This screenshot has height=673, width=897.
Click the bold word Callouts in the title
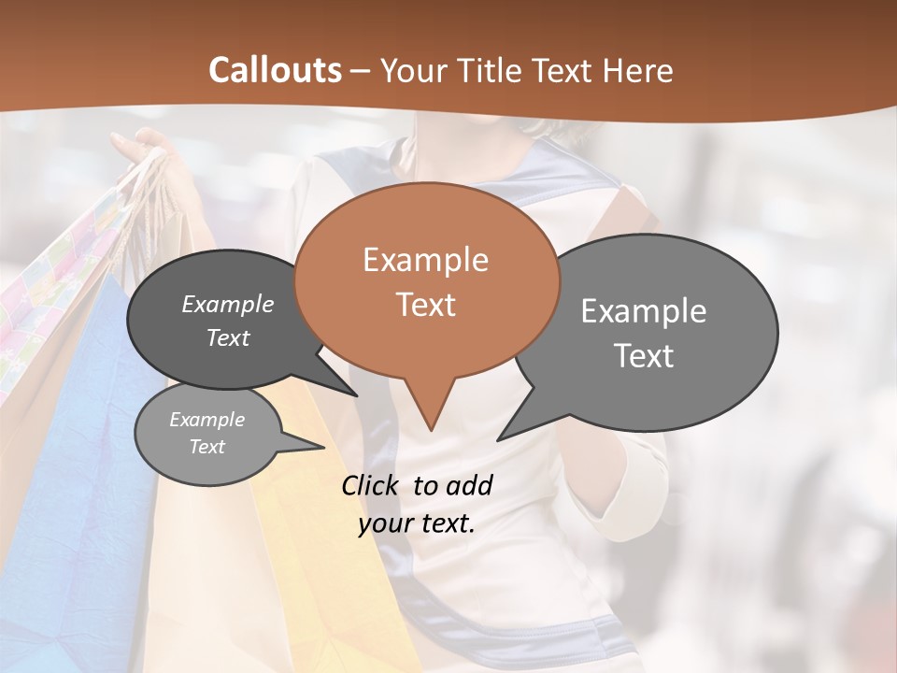tap(276, 70)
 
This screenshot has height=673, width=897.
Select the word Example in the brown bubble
tap(425, 260)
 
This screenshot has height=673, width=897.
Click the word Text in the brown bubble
tap(425, 305)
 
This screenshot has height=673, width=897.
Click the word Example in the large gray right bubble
tap(643, 311)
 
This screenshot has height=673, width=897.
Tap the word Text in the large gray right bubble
tap(643, 356)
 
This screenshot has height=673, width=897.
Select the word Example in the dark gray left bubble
tap(227, 305)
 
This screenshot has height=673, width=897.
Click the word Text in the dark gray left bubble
tap(227, 338)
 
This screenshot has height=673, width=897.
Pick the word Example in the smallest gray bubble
tap(206, 420)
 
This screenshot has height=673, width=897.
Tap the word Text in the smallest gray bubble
tap(206, 447)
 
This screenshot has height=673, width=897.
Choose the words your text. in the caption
tap(416, 523)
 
